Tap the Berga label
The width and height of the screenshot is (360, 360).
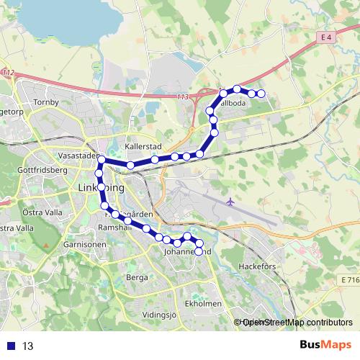click(x=137, y=276)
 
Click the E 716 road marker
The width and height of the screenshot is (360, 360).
click(x=350, y=279)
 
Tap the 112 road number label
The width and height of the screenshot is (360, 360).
click(x=8, y=73)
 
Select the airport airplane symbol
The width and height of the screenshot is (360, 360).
click(x=230, y=201)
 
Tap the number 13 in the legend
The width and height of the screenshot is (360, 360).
click(x=28, y=346)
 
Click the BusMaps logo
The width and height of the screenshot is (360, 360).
click(x=320, y=345)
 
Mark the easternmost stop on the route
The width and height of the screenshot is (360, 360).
click(x=261, y=94)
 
